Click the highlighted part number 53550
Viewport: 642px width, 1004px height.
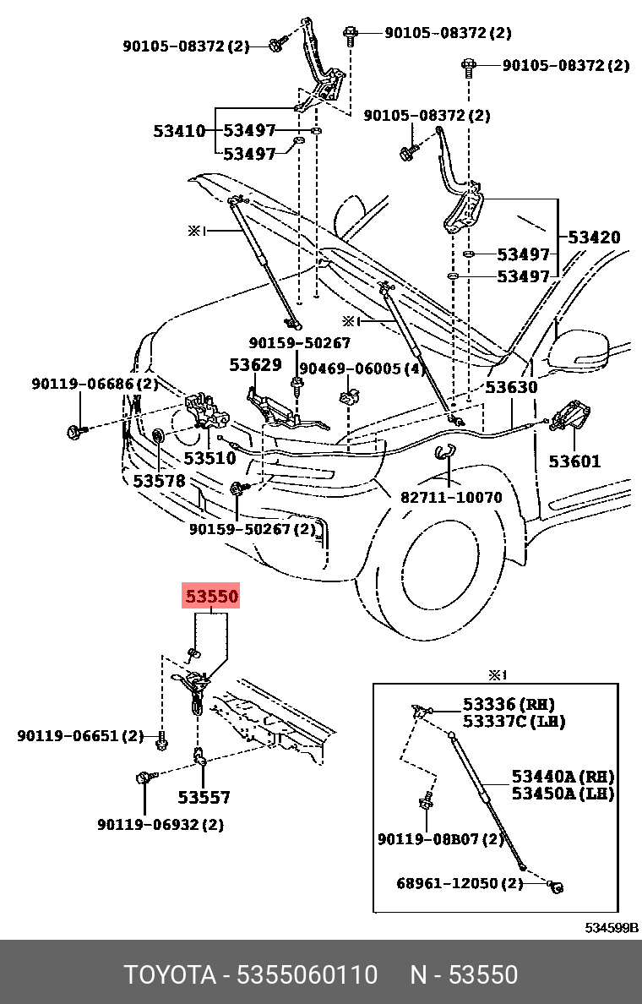pyautogui.click(x=212, y=597)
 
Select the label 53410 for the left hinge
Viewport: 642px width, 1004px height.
pyautogui.click(x=179, y=131)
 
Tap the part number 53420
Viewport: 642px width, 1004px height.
pyautogui.click(x=593, y=237)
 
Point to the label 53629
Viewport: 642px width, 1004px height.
pyautogui.click(x=255, y=365)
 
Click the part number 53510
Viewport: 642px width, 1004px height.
pyautogui.click(x=209, y=458)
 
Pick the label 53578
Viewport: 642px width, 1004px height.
pyautogui.click(x=158, y=480)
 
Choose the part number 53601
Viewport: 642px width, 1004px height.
pyautogui.click(x=574, y=461)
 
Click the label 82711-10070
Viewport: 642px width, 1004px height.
pyautogui.click(x=451, y=497)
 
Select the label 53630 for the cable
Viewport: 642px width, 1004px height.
pyautogui.click(x=510, y=387)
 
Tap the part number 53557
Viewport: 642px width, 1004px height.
pyautogui.click(x=204, y=797)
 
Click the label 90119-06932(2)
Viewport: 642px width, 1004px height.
pyautogui.click(x=160, y=824)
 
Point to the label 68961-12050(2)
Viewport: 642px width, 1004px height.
pyautogui.click(x=460, y=883)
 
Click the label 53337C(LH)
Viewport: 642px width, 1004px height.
pyautogui.click(x=514, y=721)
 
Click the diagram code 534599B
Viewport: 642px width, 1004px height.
pyautogui.click(x=612, y=927)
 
